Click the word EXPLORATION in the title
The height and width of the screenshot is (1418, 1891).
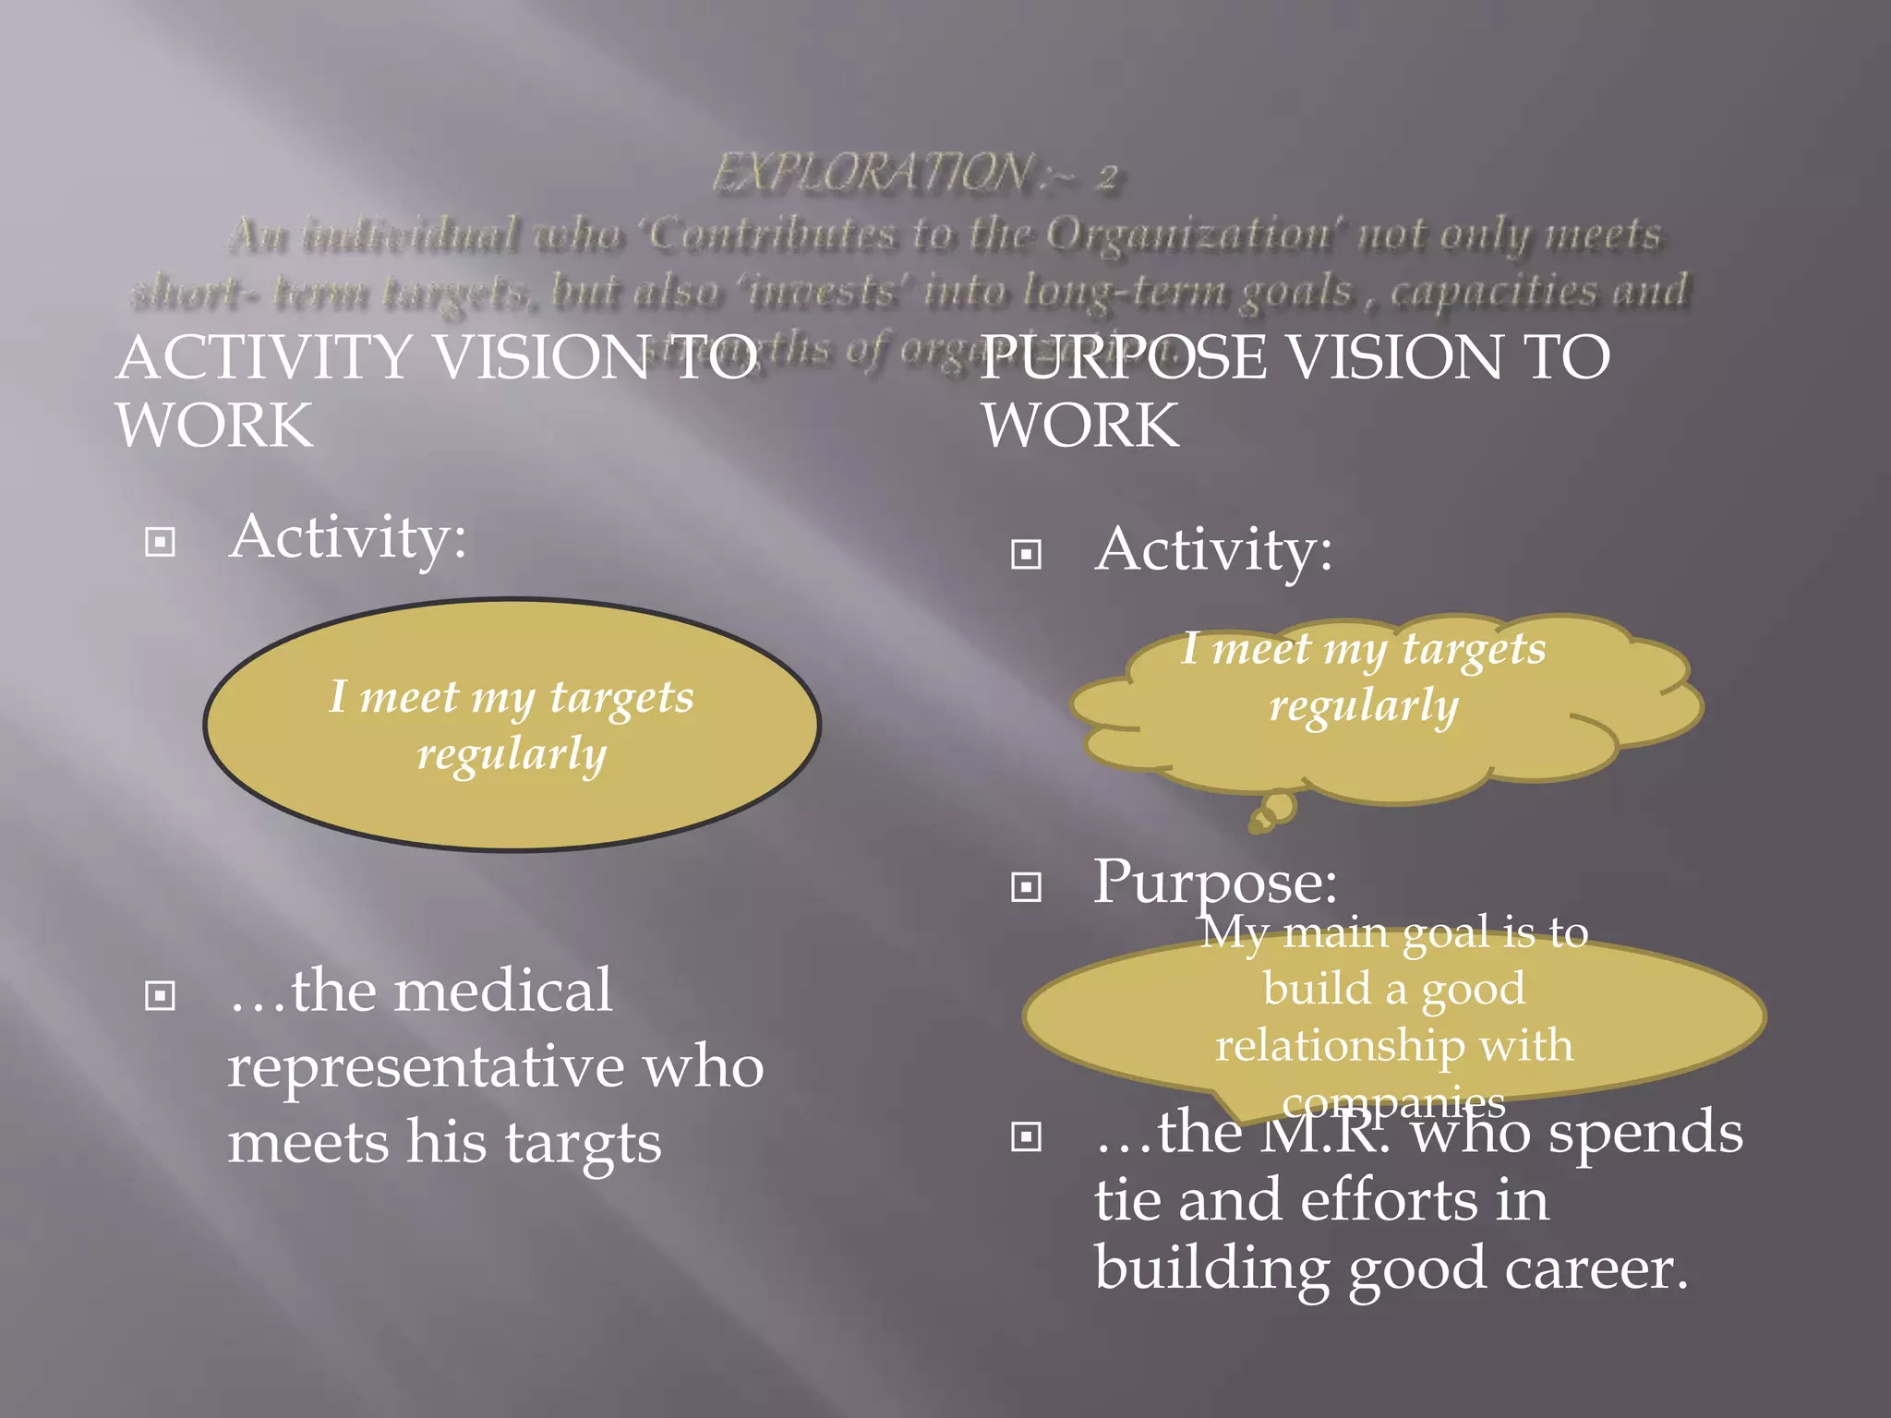coord(873,173)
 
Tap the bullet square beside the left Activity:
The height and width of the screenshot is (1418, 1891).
coord(161,542)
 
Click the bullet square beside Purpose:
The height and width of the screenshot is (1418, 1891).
coord(1026,887)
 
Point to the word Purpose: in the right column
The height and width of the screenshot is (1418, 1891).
coord(1215,882)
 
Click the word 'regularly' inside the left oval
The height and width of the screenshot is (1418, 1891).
coord(512,754)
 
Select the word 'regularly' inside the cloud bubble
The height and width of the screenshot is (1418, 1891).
coord(1364,706)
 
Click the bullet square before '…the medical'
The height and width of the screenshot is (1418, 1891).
coord(161,996)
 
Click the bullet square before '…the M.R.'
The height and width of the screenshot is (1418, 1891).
coord(1026,1136)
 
